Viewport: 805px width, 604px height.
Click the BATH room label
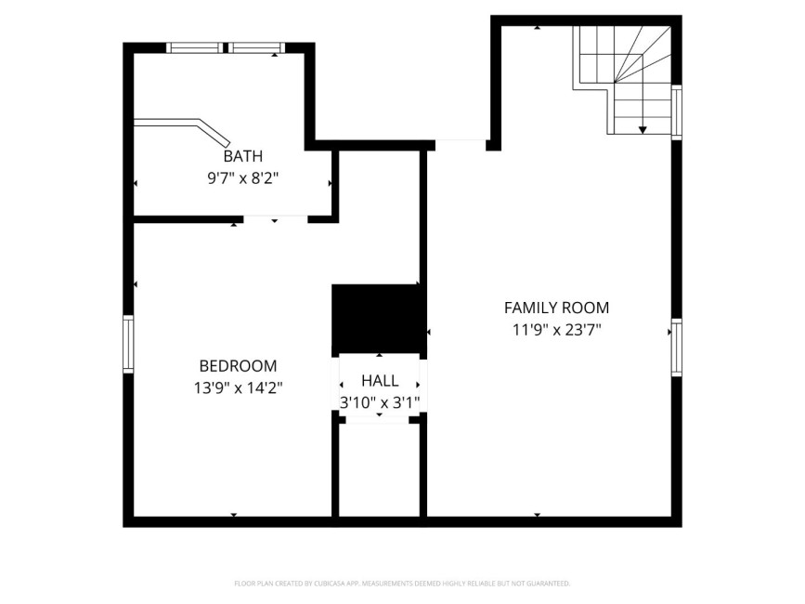(243, 155)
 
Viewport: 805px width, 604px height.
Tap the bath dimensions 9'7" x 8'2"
(243, 178)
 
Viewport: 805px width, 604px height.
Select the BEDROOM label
(239, 366)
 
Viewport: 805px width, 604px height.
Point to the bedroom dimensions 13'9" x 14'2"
(239, 387)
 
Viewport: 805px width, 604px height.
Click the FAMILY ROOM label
(556, 308)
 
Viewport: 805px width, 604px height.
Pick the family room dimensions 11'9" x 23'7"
(556, 329)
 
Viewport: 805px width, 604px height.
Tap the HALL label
(380, 381)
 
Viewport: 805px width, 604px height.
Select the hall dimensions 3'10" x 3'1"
(380, 402)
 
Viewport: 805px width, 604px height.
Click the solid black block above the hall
(377, 319)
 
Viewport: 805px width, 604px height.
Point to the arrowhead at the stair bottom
(643, 130)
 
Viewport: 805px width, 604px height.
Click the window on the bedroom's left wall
(128, 344)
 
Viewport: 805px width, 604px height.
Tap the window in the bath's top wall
(226, 47)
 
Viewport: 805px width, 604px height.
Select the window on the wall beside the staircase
(677, 112)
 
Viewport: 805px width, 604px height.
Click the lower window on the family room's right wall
(677, 348)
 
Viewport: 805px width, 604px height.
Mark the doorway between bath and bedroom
(275, 219)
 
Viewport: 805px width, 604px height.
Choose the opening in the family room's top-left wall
(461, 145)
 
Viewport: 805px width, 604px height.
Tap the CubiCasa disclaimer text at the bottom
(402, 584)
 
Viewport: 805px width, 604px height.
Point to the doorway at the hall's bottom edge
(377, 420)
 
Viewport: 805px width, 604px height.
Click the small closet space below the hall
(380, 470)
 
